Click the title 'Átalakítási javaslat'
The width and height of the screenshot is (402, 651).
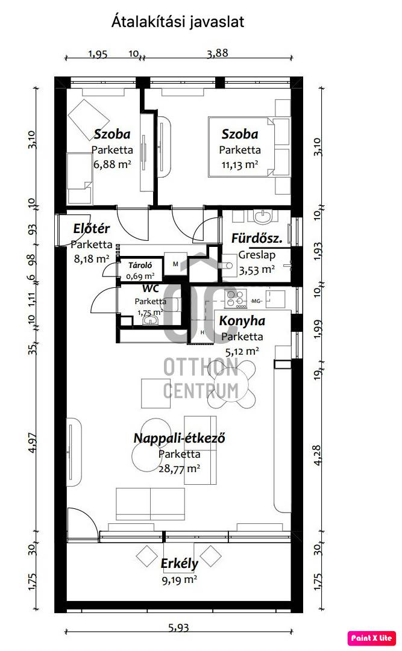pos(178,22)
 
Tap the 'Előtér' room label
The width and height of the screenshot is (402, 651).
pos(91,228)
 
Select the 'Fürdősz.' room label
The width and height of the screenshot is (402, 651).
pos(257,238)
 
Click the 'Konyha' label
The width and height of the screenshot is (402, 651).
pos(242,321)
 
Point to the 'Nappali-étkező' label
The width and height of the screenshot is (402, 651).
pos(179,438)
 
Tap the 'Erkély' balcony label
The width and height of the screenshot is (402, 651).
pos(179,564)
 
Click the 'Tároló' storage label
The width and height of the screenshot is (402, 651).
pos(140,266)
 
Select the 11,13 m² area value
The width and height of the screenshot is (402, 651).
pos(239,164)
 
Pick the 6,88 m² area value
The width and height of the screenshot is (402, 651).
pos(112,164)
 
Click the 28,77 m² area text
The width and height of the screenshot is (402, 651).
pos(179,469)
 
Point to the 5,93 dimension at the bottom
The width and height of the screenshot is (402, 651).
pos(179,628)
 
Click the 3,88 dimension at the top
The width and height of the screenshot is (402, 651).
pos(218,53)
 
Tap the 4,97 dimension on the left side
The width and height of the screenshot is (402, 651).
pos(33,443)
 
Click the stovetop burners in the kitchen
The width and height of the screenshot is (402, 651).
pos(235,299)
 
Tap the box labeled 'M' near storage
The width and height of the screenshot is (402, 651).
pos(175,264)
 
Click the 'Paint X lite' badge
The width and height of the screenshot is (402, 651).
pos(371,638)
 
